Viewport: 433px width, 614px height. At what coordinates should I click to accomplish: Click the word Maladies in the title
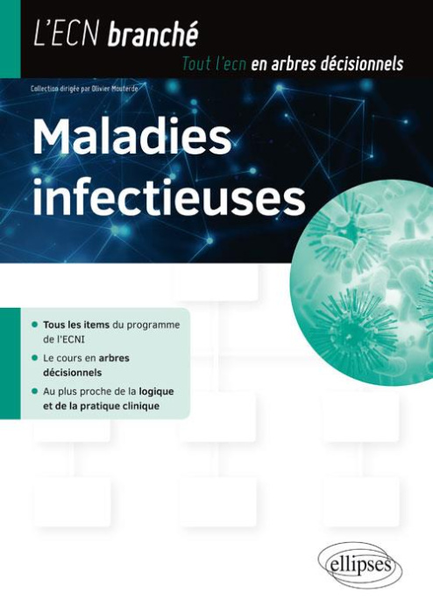click(x=131, y=141)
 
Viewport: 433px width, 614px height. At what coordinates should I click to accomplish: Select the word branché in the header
click(x=153, y=35)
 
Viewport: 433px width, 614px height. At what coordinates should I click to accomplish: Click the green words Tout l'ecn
click(x=213, y=63)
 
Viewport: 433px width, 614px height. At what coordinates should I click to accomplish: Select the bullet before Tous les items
click(x=34, y=325)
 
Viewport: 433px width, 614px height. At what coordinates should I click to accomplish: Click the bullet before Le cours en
click(x=34, y=358)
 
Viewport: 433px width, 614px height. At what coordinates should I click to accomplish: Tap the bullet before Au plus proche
click(x=34, y=391)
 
